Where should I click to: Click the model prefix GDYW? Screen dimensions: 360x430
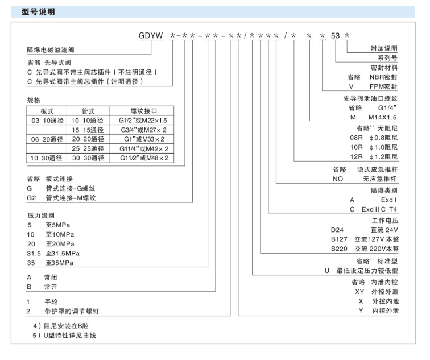pyautogui.click(x=151, y=36)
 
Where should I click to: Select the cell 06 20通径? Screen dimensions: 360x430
pyautogui.click(x=47, y=139)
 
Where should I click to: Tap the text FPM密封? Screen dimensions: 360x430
pyautogui.click(x=383, y=86)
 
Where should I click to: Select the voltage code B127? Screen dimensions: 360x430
pyautogui.click(x=340, y=239)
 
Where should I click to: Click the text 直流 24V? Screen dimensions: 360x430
pyautogui.click(x=384, y=229)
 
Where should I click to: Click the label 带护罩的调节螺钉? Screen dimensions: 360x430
pyautogui.click(x=73, y=311)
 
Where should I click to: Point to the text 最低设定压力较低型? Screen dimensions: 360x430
pyautogui.click(x=367, y=271)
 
